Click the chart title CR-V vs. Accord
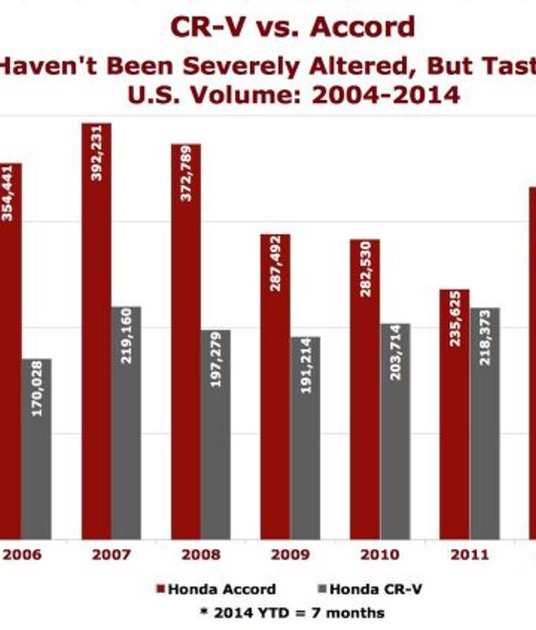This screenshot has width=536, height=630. (293, 28)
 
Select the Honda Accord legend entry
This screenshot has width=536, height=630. (216, 589)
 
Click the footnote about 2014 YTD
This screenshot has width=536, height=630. (292, 613)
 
